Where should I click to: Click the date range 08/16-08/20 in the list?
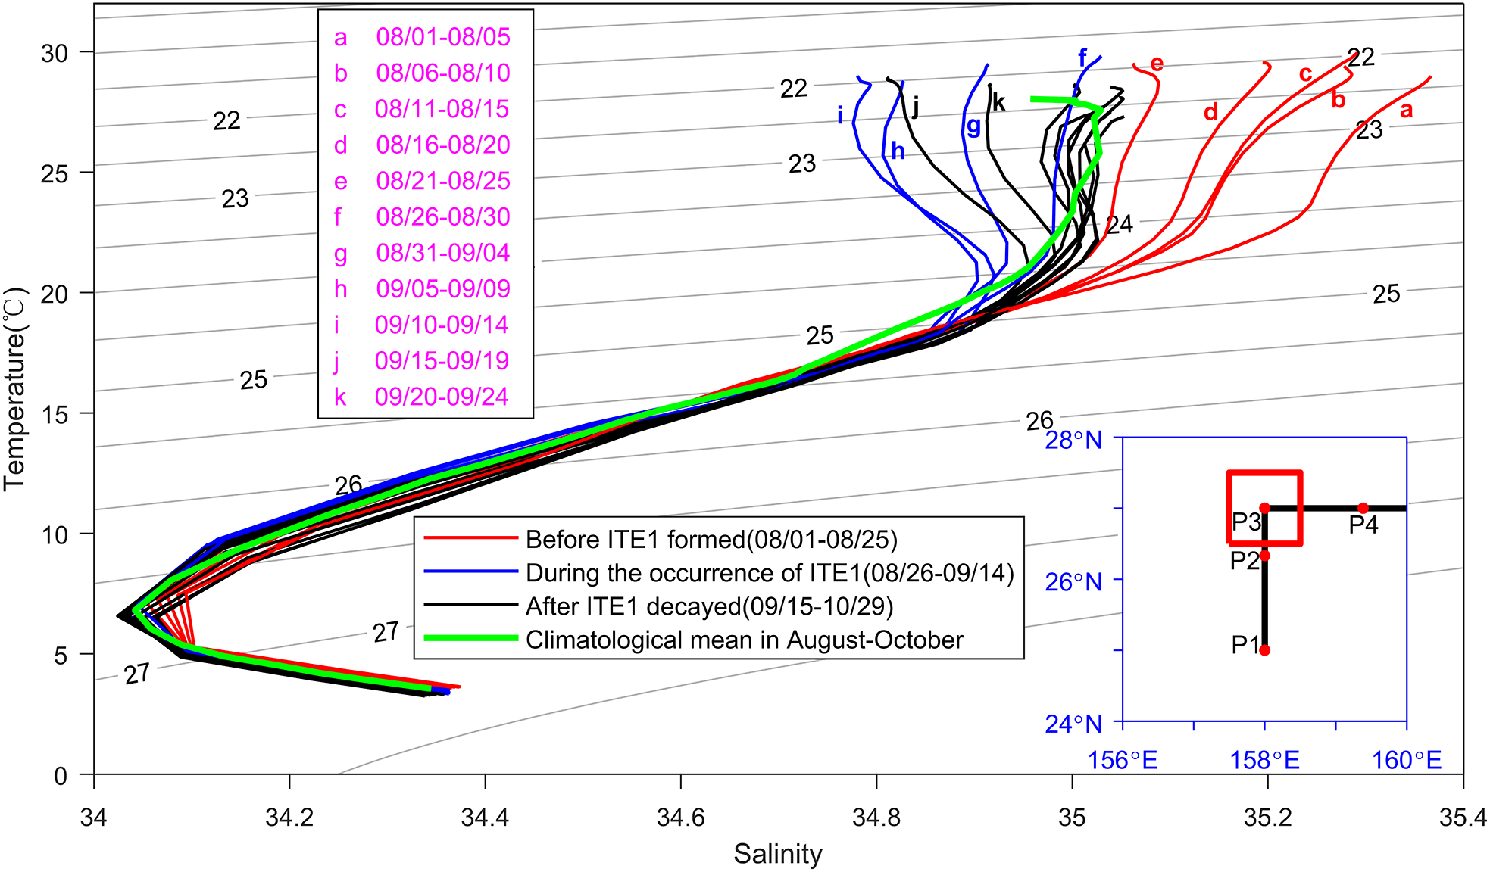[442, 145]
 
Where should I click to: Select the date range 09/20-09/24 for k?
[442, 397]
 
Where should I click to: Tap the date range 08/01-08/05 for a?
[442, 36]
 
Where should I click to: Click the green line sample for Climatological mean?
[470, 638]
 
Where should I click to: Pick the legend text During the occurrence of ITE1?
[769, 573]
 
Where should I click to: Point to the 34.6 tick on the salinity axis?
[680, 817]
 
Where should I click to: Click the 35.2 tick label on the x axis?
[1267, 817]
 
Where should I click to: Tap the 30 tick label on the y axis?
[55, 53]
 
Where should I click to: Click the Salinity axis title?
[777, 854]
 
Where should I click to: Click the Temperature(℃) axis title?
[15, 388]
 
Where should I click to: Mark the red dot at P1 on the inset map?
[1264, 649]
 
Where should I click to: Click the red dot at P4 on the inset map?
[1363, 508]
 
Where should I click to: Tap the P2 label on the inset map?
[1244, 561]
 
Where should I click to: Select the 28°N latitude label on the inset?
[1073, 440]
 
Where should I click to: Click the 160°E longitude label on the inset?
[1406, 759]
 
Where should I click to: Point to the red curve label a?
[1406, 111]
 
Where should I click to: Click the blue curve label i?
[840, 115]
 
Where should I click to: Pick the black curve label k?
[998, 102]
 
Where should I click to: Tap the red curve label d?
[1210, 113]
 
